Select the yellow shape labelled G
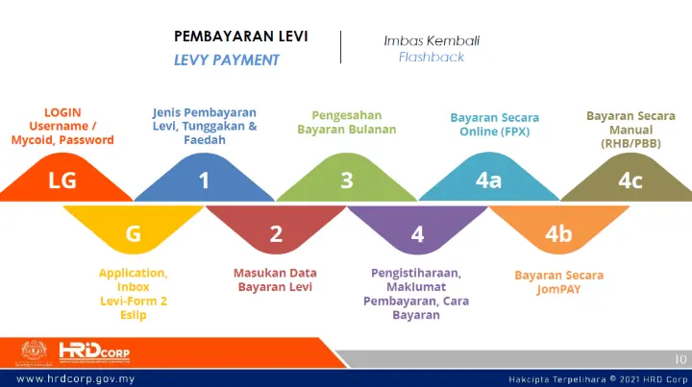coord(134,230)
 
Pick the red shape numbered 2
coord(276,230)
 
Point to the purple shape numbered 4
coord(417,230)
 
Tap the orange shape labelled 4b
coord(559,230)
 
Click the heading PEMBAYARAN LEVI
coord(241,36)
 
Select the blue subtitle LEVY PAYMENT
coord(227,60)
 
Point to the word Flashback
coord(432,57)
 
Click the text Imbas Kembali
coord(432,41)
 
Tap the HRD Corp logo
coord(94,353)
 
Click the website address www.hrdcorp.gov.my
coord(76,378)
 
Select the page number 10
coord(680,359)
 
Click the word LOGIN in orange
coord(62,112)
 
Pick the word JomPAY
coord(558,289)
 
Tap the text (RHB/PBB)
coord(630,144)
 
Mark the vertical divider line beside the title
coord(340,47)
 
